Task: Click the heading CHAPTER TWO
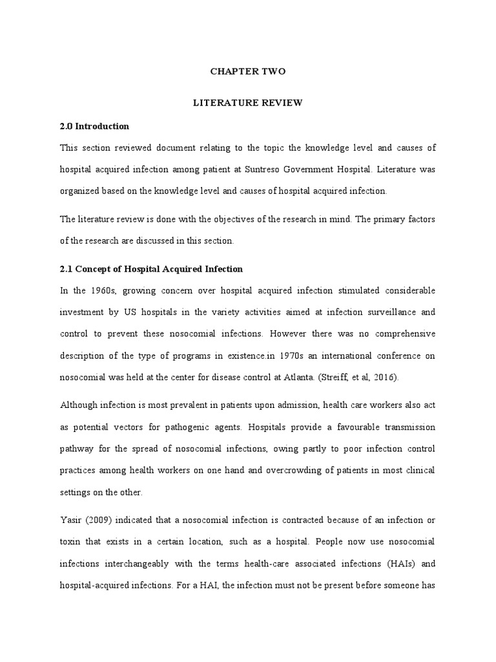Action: [248, 72]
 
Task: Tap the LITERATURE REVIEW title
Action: [248, 103]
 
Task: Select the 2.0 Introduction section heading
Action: [94, 126]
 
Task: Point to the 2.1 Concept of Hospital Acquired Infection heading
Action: [151, 268]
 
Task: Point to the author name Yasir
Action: [72, 519]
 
